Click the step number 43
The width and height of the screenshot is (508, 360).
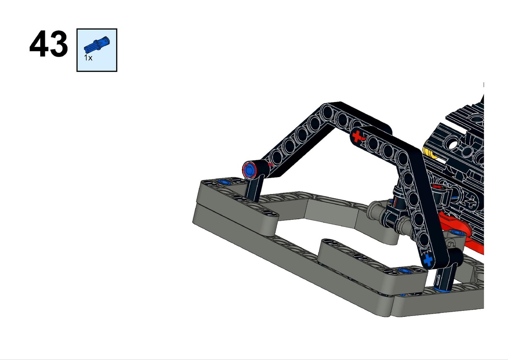coord(49,44)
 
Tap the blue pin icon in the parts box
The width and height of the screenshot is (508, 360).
coord(97,44)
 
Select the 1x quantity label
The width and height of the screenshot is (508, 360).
coord(88,58)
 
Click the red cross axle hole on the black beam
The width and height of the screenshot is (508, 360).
coord(357,136)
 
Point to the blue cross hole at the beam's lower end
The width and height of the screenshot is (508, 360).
coord(428,260)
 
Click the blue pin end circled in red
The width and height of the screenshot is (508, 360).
coord(249,170)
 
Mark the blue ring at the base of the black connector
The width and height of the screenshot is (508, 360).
coord(441,289)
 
